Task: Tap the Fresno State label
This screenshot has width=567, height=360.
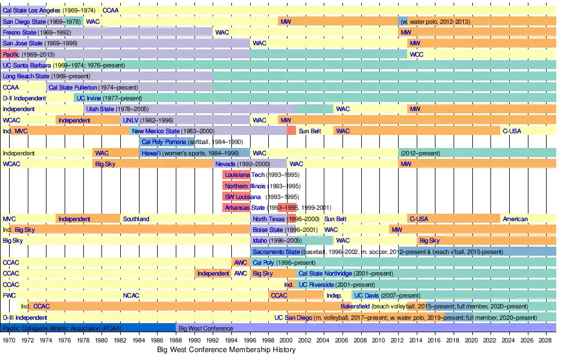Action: [20, 32]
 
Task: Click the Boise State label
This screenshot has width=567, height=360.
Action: [268, 230]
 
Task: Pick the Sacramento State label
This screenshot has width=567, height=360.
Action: [276, 252]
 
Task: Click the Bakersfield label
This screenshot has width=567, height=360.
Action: [355, 307]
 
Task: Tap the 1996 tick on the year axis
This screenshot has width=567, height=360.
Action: [250, 340]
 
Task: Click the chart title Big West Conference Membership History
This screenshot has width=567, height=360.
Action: [226, 350]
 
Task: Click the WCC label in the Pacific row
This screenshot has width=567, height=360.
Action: [416, 54]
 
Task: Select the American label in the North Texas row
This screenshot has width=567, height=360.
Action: [515, 219]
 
